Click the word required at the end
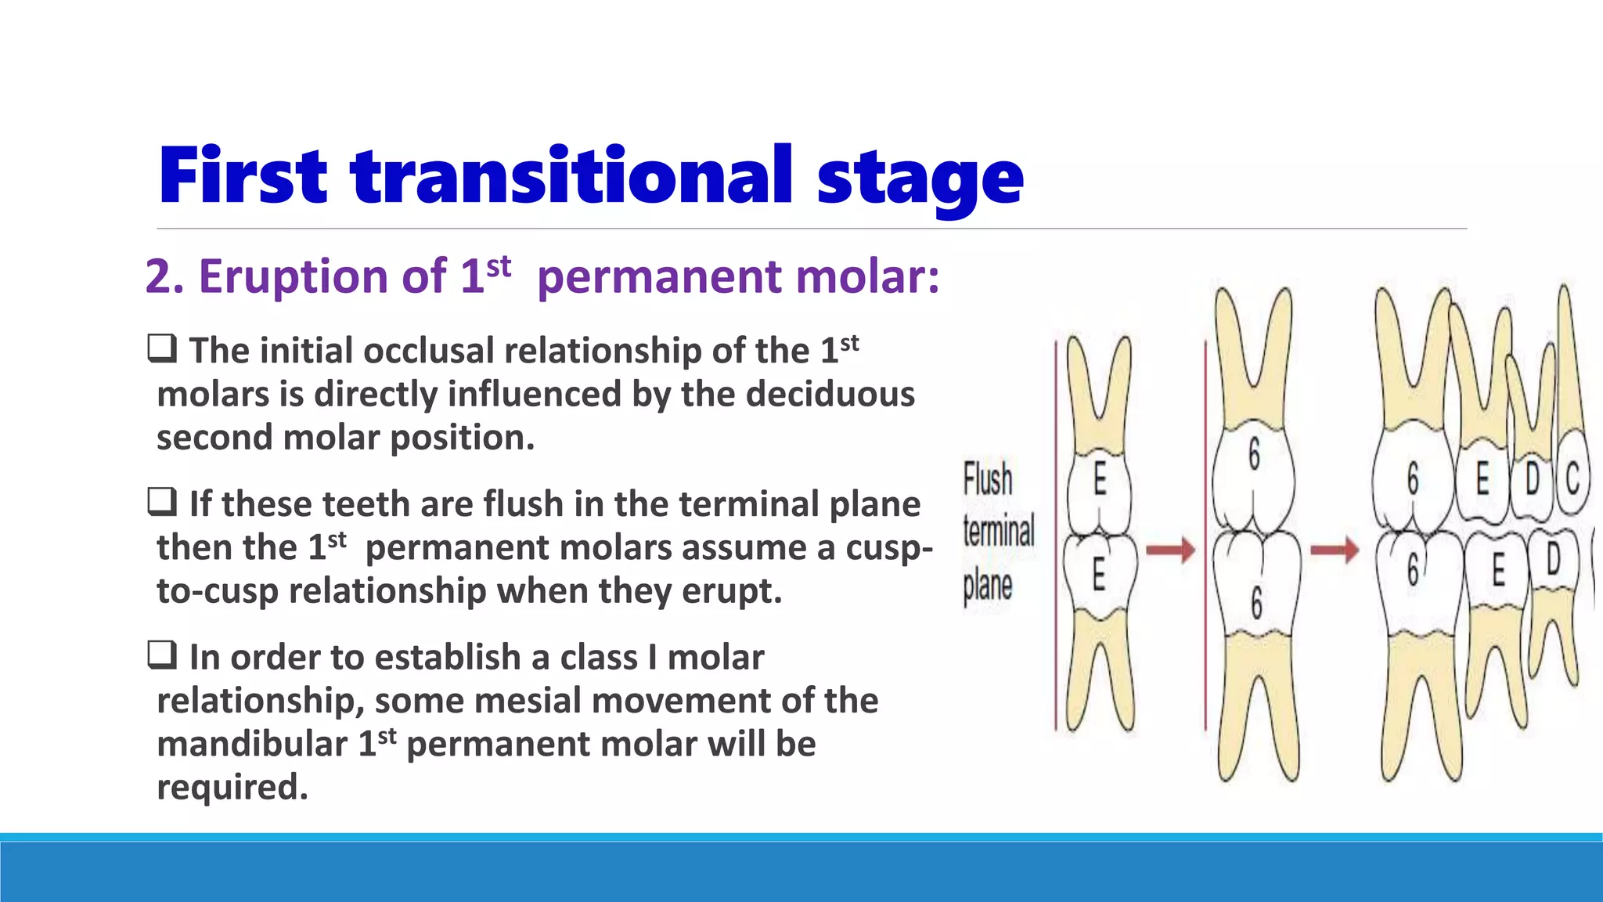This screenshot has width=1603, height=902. coord(232,787)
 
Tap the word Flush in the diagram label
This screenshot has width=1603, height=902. coord(987,479)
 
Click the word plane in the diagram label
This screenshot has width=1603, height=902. coord(987,586)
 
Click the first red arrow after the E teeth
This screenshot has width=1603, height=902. coord(1170,550)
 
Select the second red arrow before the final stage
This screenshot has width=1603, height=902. coord(1335,550)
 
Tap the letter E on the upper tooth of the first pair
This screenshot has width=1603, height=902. coord(1100,478)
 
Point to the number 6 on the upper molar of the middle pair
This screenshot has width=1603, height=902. coord(1254,453)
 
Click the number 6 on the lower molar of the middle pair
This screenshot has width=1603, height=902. coord(1256,602)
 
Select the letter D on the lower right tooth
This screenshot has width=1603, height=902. coord(1553,559)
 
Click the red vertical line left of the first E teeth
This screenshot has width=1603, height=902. coord(1055,532)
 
